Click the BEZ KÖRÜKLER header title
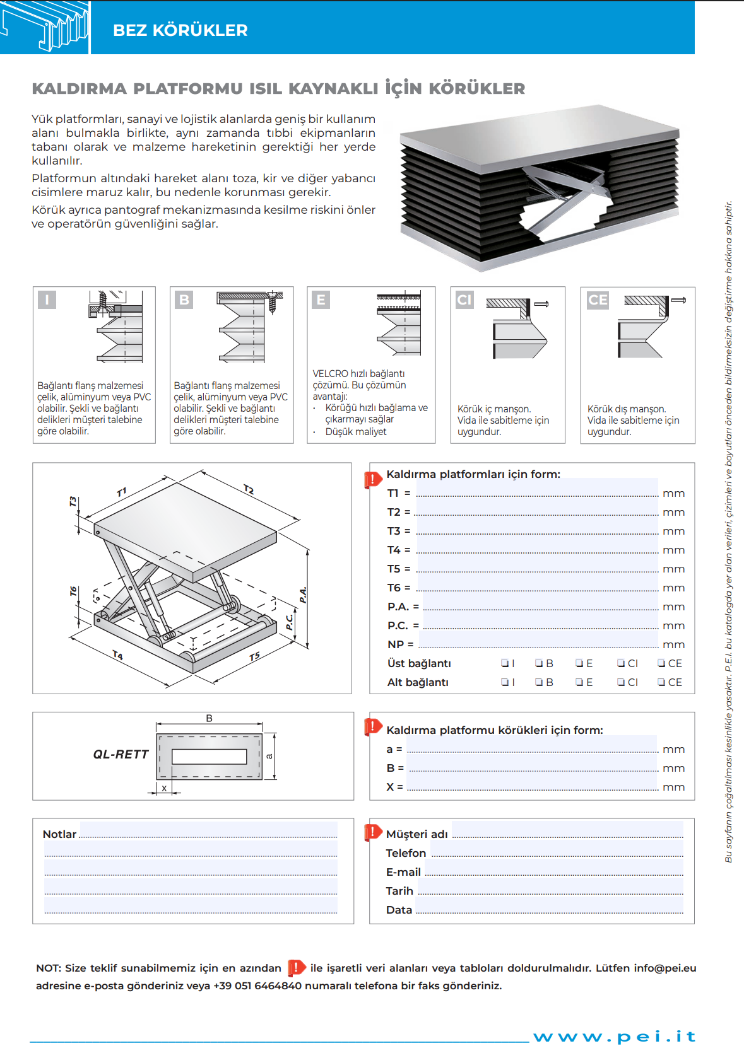[180, 30]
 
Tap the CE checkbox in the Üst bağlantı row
[662, 663]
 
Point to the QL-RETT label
[121, 754]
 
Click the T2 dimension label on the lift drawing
[249, 489]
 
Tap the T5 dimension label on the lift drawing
[254, 657]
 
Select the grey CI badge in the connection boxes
[464, 299]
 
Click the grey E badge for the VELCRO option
[321, 299]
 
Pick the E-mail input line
[554, 871]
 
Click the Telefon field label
[406, 853]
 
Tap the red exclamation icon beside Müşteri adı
[373, 832]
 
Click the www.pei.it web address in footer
[614, 1037]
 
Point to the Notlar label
[59, 834]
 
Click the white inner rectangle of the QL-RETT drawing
[209, 756]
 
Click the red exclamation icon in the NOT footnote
[296, 967]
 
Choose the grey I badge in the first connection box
[47, 299]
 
